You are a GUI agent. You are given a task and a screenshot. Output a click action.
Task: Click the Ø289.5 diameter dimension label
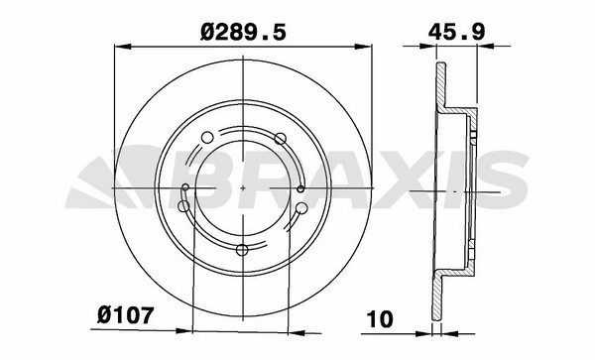point(243,33)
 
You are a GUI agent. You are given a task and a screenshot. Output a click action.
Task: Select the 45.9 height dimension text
point(456,32)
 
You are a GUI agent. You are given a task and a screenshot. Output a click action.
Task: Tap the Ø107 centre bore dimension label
point(126,315)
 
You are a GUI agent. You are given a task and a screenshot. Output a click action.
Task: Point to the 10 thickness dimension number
point(380,319)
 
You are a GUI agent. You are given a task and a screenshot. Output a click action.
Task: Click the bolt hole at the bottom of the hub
point(242,250)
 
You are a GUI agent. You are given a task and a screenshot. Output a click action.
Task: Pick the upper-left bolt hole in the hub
point(207,138)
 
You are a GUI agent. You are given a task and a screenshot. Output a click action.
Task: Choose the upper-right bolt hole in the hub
point(280,139)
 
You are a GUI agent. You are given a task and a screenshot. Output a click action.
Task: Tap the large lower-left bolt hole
point(183,206)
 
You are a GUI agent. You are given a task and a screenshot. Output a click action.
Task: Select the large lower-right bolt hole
point(302,208)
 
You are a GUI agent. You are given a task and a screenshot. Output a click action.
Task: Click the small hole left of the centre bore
point(185,187)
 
